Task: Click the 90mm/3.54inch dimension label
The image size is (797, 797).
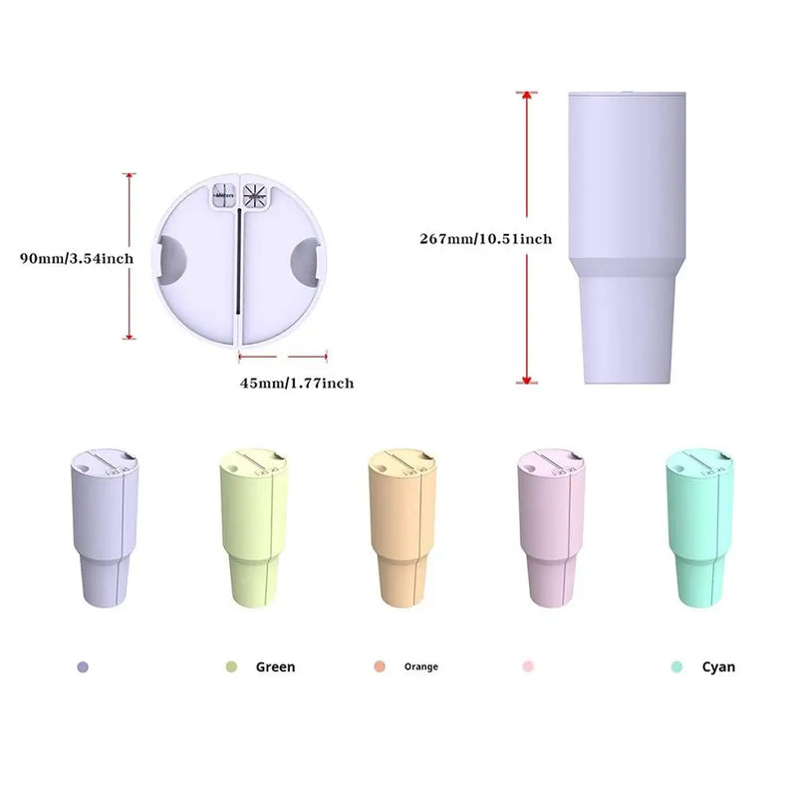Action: (x=76, y=258)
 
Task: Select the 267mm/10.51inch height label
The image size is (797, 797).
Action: (x=487, y=238)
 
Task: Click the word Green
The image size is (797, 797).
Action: (x=275, y=666)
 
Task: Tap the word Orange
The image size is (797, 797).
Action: (x=420, y=666)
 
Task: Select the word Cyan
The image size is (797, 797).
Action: (x=718, y=666)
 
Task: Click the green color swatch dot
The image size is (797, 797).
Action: (x=231, y=666)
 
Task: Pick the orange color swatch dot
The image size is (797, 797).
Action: (x=379, y=666)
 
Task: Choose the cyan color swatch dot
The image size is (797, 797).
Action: (x=676, y=666)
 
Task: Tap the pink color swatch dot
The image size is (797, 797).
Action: (x=528, y=666)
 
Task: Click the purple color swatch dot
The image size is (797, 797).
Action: (x=83, y=666)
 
